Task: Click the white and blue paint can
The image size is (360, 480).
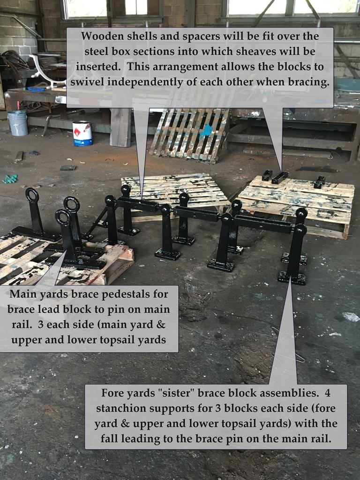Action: click(82, 134)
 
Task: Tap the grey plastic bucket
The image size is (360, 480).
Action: click(18, 123)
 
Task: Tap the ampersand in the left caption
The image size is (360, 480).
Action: click(161, 324)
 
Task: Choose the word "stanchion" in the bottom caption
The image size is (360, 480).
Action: click(121, 408)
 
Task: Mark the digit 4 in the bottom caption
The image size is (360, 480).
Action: click(327, 393)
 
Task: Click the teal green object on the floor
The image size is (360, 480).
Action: click(10, 179)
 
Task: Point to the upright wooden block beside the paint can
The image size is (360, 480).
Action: click(120, 127)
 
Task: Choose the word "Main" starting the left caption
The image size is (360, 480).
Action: click(22, 294)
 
